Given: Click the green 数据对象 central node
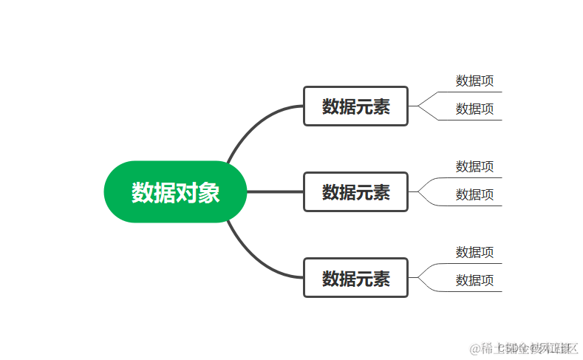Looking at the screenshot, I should [175, 192].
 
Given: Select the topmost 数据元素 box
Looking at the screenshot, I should [355, 106].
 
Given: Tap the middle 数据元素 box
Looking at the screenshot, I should [355, 192].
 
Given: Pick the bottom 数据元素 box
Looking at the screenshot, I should [355, 279].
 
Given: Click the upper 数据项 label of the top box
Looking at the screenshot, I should [474, 81].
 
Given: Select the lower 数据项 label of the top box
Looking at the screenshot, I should [474, 109].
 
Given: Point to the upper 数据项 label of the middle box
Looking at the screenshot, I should [474, 166].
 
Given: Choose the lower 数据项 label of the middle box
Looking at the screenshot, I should [474, 194].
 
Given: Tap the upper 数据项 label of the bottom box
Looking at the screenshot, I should [474, 252].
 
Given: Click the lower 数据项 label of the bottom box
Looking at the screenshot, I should [474, 280].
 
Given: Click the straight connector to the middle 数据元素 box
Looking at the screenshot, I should [274, 192].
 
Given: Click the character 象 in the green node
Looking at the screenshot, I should [209, 192].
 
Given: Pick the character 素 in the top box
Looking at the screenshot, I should [381, 106].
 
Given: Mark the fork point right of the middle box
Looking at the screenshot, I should [418, 192].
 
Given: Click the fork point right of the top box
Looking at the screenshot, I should [418, 106].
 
